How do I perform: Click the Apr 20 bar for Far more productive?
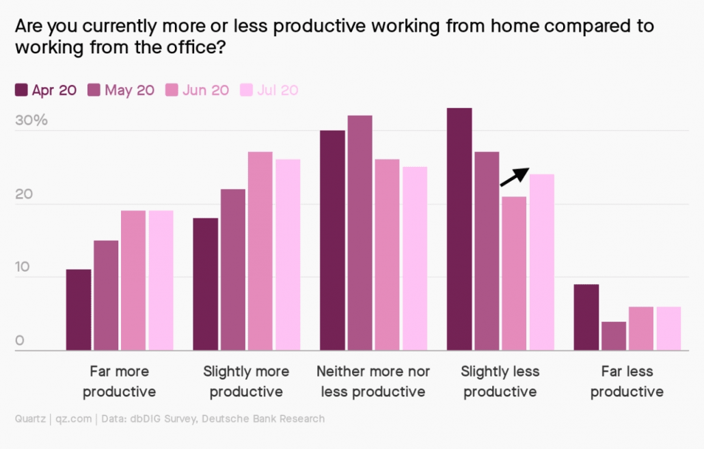click(x=79, y=309)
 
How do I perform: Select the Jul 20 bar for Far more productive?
click(x=161, y=280)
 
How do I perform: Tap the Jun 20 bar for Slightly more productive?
click(x=260, y=251)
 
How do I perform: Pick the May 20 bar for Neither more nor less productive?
click(x=360, y=233)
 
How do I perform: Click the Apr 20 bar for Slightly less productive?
click(x=459, y=229)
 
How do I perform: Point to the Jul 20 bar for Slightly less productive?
click(x=541, y=262)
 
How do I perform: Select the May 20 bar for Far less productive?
click(x=613, y=335)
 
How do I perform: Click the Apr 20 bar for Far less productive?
click(x=586, y=317)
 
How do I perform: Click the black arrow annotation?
click(x=514, y=177)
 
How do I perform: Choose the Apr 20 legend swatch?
click(x=21, y=90)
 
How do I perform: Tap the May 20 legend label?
click(x=129, y=90)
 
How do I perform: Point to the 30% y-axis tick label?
click(x=31, y=120)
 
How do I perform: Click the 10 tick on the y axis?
click(x=24, y=267)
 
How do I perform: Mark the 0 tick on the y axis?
click(x=20, y=340)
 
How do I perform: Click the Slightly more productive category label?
click(x=246, y=381)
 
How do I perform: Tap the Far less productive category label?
click(x=627, y=381)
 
